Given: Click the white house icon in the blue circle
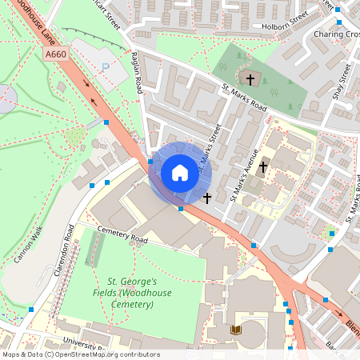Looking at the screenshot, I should pos(179,173).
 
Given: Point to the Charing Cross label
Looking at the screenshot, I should pos(336,34).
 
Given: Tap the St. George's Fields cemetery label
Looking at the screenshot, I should pos(132,293).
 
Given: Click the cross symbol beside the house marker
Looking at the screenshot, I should pos(206,197).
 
